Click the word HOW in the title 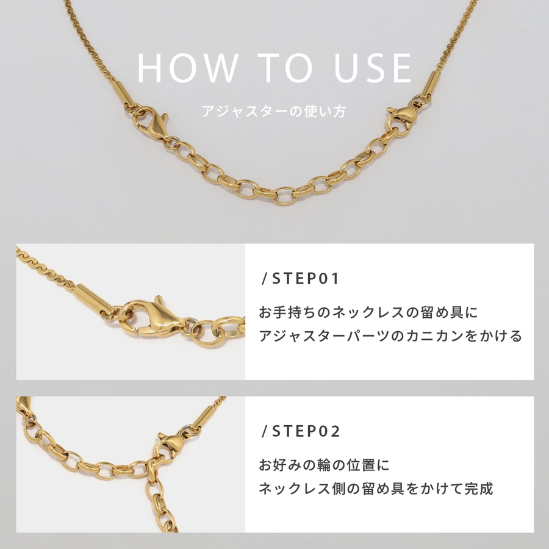click(x=187, y=68)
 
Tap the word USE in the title click(x=373, y=68)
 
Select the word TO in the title click(x=287, y=68)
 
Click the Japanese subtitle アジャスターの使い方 click(x=274, y=112)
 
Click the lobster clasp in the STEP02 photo click(x=171, y=445)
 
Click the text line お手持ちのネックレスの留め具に click(x=368, y=312)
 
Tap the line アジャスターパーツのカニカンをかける click(x=390, y=335)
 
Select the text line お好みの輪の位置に click(x=324, y=465)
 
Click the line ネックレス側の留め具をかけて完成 click(x=376, y=489)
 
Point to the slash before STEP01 click(x=265, y=279)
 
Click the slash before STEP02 click(x=265, y=431)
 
